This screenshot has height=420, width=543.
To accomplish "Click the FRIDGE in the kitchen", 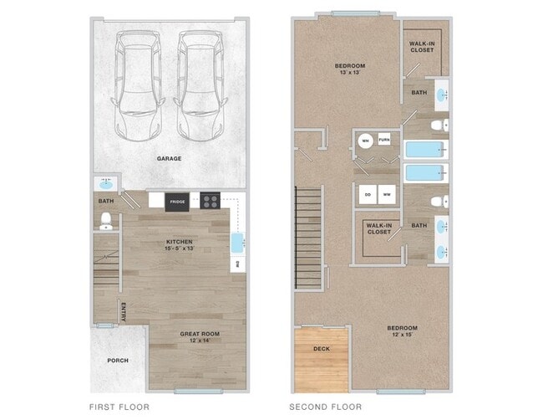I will pos(176,201).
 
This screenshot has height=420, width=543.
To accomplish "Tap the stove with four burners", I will pos(211,201).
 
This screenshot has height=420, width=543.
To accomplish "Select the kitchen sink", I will pos(237,243).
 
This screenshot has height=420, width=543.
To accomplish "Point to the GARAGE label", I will pos(170,158).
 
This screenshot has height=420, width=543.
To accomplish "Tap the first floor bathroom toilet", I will pos(106,221).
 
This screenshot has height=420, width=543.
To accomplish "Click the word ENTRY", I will pos(123,310).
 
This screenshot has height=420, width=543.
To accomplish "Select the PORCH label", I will pos(119,361).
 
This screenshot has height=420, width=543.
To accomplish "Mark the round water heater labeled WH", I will pos(365,141).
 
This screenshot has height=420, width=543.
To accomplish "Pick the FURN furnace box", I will pos(384,140).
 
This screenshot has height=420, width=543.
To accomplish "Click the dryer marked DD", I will pos(367,194).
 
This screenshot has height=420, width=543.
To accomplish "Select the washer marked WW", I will pos(387,194).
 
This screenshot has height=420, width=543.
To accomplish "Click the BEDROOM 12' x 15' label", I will pos(402,331).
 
